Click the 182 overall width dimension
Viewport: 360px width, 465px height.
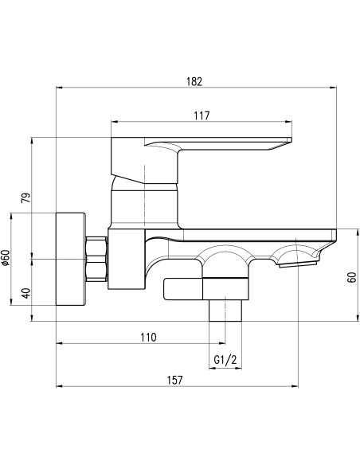click(194, 81)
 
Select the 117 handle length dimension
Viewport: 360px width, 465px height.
click(202, 115)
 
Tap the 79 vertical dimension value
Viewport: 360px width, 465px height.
click(26, 197)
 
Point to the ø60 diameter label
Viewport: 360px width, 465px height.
click(6, 257)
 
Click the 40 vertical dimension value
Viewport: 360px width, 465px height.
click(26, 293)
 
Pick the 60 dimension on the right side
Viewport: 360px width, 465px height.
click(352, 277)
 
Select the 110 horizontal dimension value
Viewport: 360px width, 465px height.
click(148, 337)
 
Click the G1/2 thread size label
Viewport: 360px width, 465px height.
click(225, 360)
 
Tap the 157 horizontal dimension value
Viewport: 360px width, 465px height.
click(174, 380)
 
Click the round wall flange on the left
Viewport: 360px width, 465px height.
click(71, 259)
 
